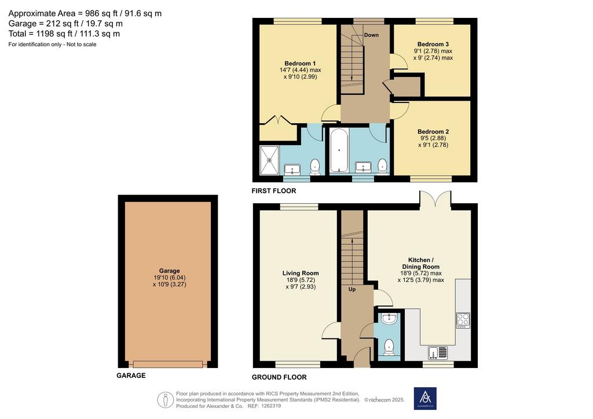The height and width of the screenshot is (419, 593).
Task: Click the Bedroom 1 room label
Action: (x=300, y=64)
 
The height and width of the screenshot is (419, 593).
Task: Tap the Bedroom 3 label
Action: (x=433, y=44)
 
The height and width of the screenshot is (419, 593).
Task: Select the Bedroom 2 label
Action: (x=433, y=131)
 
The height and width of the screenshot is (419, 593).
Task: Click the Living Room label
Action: (x=301, y=273)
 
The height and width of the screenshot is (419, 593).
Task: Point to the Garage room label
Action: (x=170, y=270)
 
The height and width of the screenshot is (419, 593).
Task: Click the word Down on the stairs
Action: (x=371, y=35)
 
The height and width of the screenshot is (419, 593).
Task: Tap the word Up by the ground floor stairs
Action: (x=352, y=289)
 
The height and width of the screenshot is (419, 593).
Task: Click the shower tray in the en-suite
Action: (x=269, y=160)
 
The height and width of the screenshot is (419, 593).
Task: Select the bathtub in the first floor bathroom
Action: (x=339, y=150)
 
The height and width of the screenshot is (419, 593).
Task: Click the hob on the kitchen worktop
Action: (x=463, y=320)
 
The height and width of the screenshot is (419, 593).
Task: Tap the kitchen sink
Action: (x=438, y=352)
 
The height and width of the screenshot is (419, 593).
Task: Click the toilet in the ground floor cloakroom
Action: (x=389, y=347)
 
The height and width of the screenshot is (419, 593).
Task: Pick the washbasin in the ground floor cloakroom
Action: (x=389, y=319)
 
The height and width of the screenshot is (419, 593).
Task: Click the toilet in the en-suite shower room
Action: (x=315, y=167)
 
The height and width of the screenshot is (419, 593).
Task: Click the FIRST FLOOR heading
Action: (x=274, y=191)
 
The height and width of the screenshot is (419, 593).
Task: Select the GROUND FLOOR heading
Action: (x=279, y=377)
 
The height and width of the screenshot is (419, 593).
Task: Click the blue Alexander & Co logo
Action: (x=425, y=398)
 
